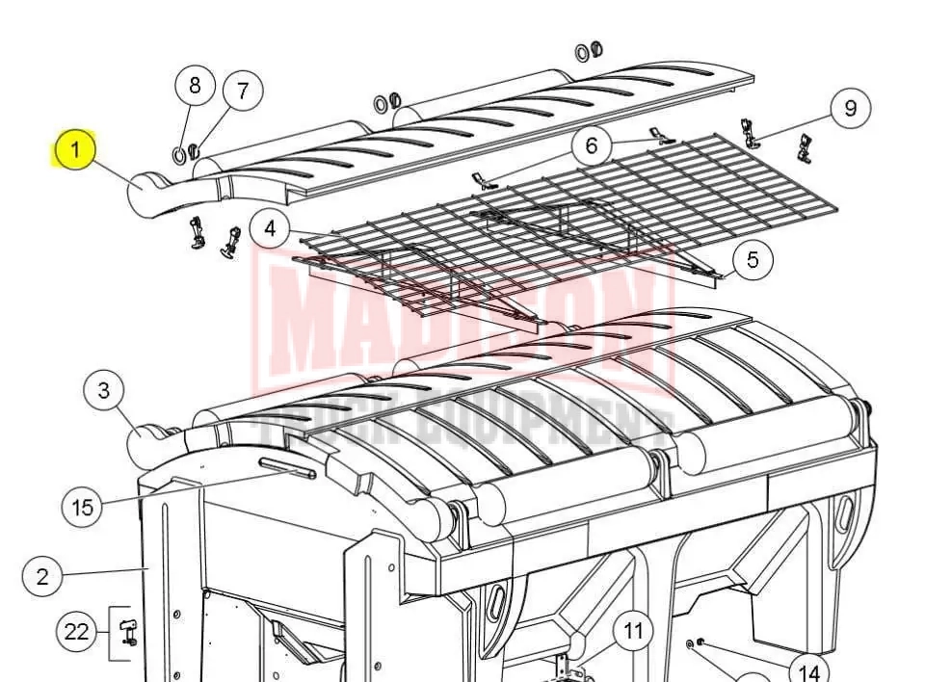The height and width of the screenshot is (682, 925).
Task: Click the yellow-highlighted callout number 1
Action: click(75, 149)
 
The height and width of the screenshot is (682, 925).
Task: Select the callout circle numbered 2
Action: click(42, 576)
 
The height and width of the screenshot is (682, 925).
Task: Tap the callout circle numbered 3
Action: click(104, 390)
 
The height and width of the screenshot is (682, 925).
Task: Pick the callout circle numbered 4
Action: click(270, 228)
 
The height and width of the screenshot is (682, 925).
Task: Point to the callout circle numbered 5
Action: click(753, 259)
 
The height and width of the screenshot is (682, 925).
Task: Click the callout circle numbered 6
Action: click(592, 145)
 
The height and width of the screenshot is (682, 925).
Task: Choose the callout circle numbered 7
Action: click(243, 91)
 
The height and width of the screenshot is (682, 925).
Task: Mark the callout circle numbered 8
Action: click(196, 86)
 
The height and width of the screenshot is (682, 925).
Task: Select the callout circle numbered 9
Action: click(850, 108)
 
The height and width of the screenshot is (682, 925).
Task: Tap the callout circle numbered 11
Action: click(633, 631)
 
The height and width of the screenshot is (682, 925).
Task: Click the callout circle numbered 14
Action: click(809, 671)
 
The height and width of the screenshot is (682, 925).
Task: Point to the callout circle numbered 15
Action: click(83, 507)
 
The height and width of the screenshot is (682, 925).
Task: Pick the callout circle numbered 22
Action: click(76, 632)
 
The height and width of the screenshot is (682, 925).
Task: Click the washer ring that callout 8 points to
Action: click(178, 154)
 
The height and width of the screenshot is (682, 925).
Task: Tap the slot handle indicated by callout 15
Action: click(287, 468)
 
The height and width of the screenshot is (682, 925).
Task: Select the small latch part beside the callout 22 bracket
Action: click(128, 631)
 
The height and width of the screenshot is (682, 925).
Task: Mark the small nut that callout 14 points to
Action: click(700, 642)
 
